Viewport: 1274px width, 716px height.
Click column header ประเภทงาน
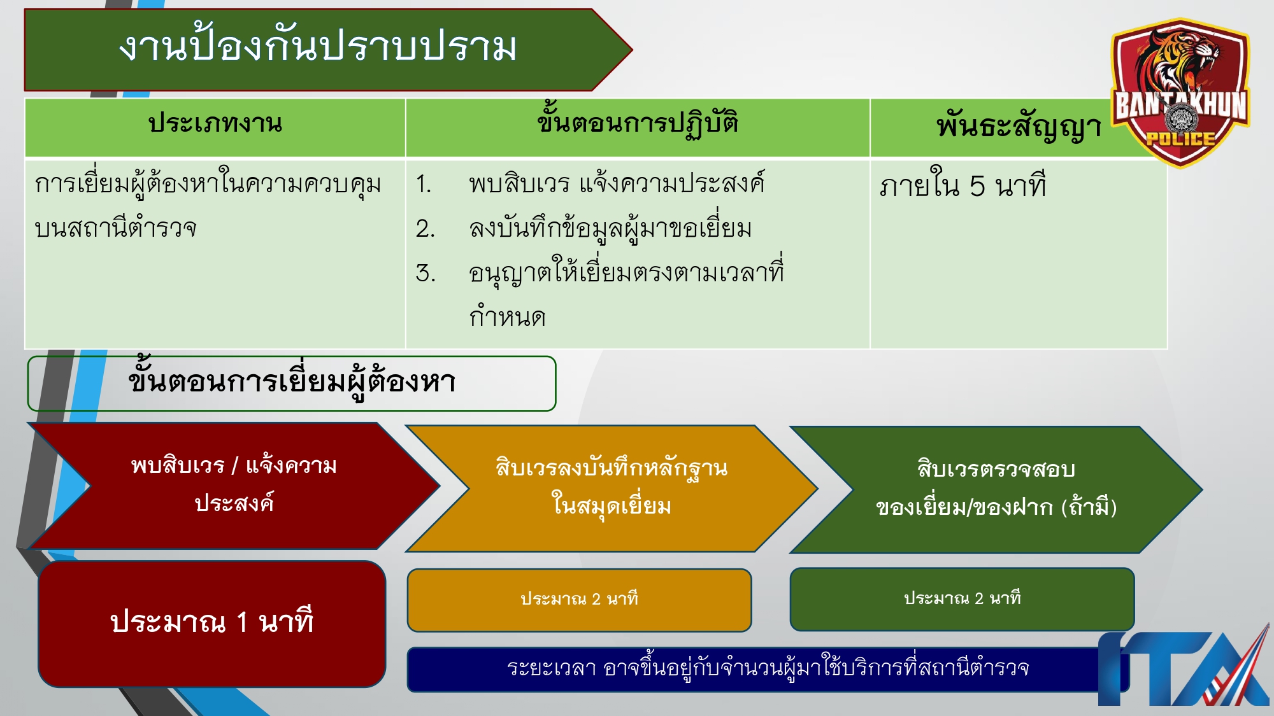pyautogui.click(x=215, y=124)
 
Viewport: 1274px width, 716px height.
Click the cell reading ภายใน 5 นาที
pyautogui.click(x=962, y=186)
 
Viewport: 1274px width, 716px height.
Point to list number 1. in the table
pyautogui.click(x=424, y=185)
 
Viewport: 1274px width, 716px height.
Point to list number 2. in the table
pyautogui.click(x=425, y=229)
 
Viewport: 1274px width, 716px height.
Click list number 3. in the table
pyautogui.click(x=425, y=274)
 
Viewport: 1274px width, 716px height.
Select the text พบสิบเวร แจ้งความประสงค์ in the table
pyautogui.click(x=616, y=185)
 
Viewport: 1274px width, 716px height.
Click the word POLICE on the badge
pyautogui.click(x=1180, y=139)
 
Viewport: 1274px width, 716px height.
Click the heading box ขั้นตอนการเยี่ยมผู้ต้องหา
pyautogui.click(x=291, y=383)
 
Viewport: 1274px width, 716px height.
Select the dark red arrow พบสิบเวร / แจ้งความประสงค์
pyautogui.click(x=233, y=485)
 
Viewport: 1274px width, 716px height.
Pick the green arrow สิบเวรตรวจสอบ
pyautogui.click(x=995, y=489)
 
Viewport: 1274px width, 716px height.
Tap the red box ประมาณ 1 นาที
pyautogui.click(x=211, y=623)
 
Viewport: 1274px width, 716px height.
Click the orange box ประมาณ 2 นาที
pyautogui.click(x=578, y=600)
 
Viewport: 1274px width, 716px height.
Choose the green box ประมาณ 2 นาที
pyautogui.click(x=962, y=599)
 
